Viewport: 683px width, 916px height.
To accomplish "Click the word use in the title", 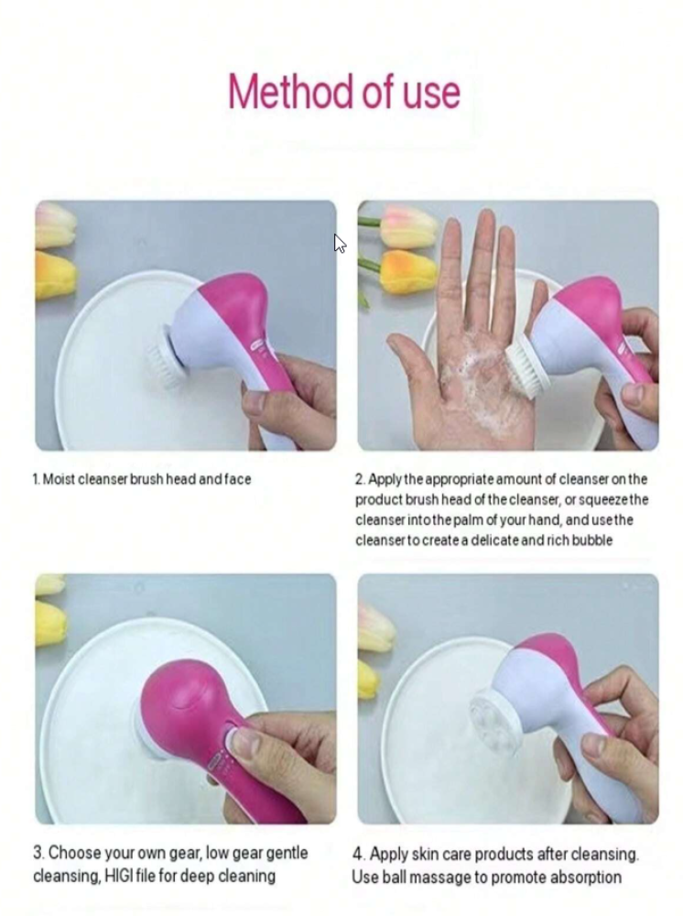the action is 431,93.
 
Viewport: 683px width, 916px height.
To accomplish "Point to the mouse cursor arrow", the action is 340,243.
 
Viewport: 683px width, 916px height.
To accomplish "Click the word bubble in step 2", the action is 592,540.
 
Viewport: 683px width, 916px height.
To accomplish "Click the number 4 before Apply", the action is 358,854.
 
